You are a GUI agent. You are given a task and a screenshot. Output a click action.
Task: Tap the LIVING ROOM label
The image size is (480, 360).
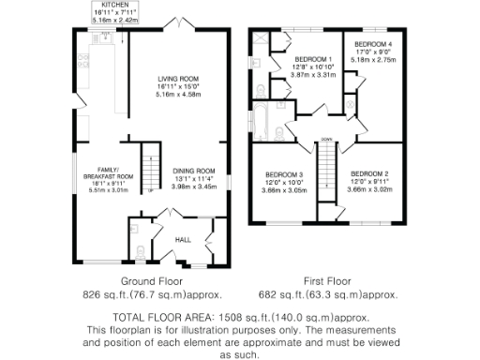pyautogui.click(x=178, y=78)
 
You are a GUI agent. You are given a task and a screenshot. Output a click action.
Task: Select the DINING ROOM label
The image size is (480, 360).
pyautogui.click(x=194, y=171)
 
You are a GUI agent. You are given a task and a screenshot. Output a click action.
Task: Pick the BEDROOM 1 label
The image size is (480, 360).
pyautogui.click(x=311, y=59)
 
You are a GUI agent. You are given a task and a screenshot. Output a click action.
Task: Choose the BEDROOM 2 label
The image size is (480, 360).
pyautogui.click(x=369, y=174)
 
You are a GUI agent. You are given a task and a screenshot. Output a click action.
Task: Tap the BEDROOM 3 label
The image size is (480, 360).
pyautogui.click(x=283, y=175)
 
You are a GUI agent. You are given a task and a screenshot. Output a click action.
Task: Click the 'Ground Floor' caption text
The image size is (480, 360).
pyautogui.click(x=143, y=281)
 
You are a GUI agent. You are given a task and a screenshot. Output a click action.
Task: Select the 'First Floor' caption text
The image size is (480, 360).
pyautogui.click(x=326, y=281)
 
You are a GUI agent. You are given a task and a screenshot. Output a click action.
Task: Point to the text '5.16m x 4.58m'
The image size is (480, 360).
pyautogui.click(x=178, y=95)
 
